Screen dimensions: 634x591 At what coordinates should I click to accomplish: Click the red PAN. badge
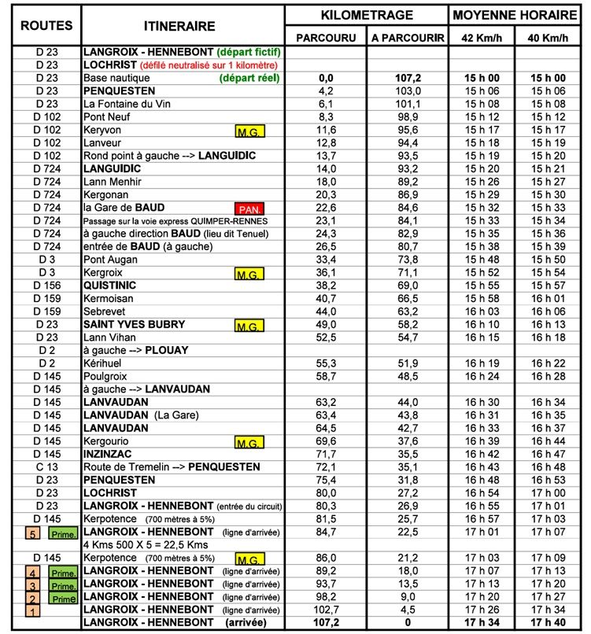point(250,209)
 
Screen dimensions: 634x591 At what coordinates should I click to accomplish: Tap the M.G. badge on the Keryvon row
point(250,129)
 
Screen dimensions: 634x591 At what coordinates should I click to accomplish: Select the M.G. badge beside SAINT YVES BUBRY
point(250,325)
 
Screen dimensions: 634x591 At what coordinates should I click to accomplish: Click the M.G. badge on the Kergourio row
point(250,442)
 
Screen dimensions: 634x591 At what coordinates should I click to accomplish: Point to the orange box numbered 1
point(33,610)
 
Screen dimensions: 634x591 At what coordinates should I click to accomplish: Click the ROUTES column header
point(39,26)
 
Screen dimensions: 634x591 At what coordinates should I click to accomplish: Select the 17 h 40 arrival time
point(549,624)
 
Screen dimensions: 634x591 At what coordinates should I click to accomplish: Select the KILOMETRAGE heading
point(367,14)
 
